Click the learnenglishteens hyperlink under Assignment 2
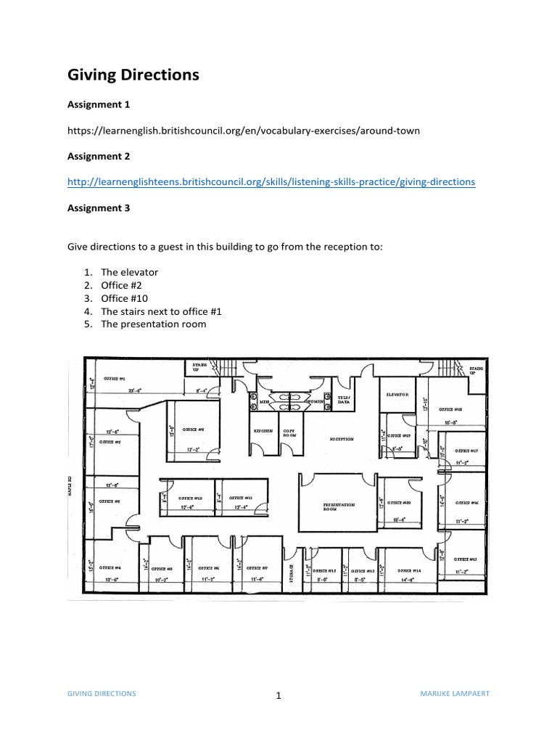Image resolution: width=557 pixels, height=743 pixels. [x=271, y=182]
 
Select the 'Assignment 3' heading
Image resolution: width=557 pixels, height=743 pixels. [x=98, y=208]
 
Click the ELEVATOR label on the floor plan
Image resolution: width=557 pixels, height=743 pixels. [x=397, y=395]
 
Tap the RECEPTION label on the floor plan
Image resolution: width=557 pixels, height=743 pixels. [x=342, y=439]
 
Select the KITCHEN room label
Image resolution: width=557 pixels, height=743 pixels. [x=263, y=430]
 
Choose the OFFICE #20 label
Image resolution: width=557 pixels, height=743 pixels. [x=399, y=502]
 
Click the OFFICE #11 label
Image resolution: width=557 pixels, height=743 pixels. [x=240, y=498]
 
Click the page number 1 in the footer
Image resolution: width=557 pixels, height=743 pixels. [x=278, y=697]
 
